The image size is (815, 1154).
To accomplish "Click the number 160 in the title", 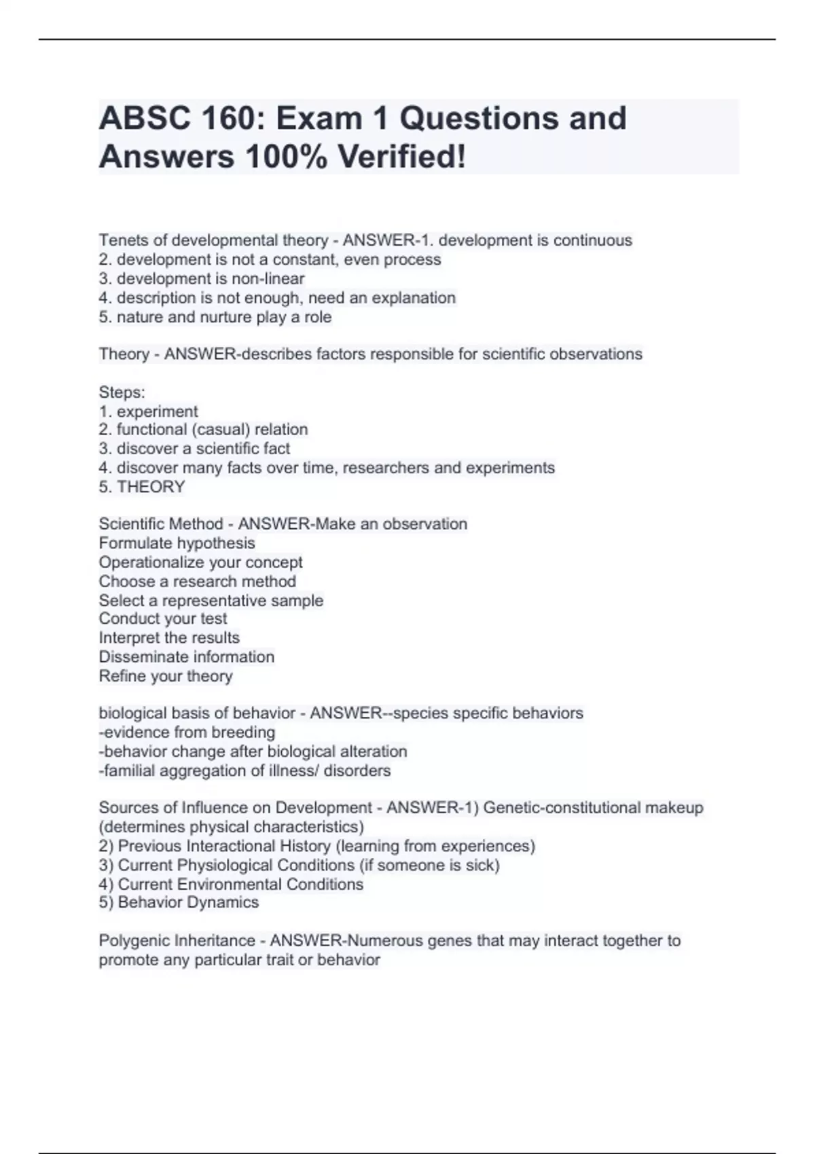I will coord(226,119).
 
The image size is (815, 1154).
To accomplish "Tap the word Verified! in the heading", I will coord(402,157).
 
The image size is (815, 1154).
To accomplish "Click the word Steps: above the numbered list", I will coord(122,392).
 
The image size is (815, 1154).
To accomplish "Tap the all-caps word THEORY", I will coord(151,487).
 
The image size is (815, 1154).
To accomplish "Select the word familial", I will coord(128,770).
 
